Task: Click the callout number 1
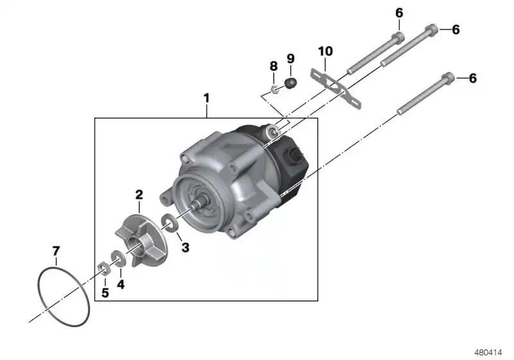(x=206, y=98)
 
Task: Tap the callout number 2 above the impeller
(x=139, y=195)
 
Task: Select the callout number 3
(x=186, y=248)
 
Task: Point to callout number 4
(x=121, y=284)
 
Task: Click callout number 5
(x=105, y=292)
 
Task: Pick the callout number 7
(x=56, y=251)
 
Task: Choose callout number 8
(x=274, y=66)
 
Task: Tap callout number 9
(x=291, y=59)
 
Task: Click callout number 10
(x=326, y=51)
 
